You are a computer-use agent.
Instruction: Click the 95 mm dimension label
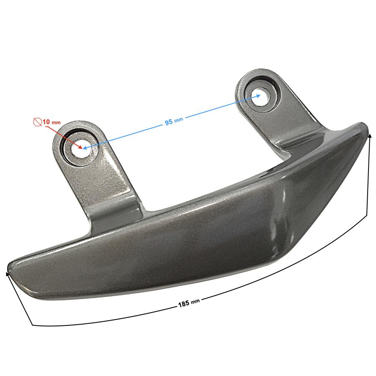(174, 121)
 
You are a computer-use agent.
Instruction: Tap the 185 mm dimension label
(189, 303)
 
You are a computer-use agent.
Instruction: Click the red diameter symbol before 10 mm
(38, 122)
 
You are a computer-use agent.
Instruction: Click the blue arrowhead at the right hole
(257, 96)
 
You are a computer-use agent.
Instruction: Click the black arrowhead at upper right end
(370, 137)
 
